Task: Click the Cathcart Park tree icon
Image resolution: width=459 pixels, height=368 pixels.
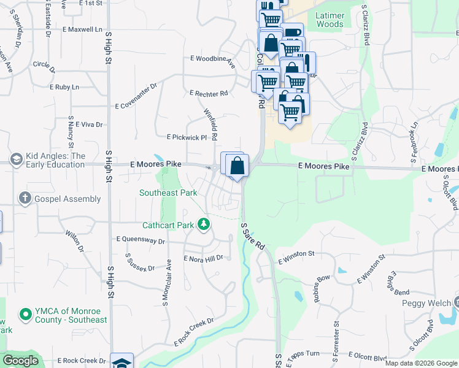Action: point(204,225)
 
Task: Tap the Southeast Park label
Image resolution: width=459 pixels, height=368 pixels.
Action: point(168,193)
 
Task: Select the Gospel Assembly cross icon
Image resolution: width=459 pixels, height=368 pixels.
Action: point(25,198)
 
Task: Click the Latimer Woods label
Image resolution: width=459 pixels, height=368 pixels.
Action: point(330,19)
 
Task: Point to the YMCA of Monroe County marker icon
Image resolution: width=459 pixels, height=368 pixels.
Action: point(25,315)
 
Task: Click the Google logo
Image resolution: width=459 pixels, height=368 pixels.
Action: point(20,361)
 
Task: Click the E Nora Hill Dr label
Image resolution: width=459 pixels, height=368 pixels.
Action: point(203,258)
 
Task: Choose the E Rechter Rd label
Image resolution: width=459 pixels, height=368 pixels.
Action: point(209,93)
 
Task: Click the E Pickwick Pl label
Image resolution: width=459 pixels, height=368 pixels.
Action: point(187,137)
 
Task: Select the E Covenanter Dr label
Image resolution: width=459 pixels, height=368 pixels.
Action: point(136,105)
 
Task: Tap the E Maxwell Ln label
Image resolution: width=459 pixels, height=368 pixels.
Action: point(82,29)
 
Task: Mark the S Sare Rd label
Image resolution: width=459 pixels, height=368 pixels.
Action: point(253,236)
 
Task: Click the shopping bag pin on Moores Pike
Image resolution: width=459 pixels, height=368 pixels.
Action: point(237,164)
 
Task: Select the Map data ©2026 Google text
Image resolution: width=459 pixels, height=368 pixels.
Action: point(420,363)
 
